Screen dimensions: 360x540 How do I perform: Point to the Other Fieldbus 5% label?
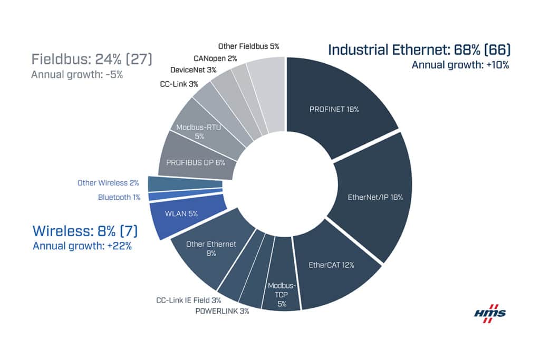point(248,47)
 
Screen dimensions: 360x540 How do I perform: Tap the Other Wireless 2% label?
point(108,183)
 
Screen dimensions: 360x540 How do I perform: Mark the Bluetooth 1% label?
point(118,197)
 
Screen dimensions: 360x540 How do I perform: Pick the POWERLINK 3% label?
point(221,311)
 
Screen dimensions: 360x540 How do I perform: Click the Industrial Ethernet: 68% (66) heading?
point(419,51)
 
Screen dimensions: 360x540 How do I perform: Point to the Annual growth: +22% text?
point(82,246)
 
